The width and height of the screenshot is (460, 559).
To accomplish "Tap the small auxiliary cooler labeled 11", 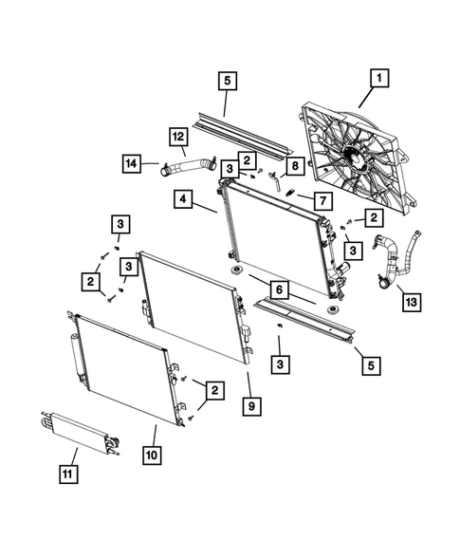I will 81,434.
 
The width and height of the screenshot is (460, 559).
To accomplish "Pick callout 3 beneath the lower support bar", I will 280,363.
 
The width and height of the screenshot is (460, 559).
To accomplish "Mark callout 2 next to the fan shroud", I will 376,218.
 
